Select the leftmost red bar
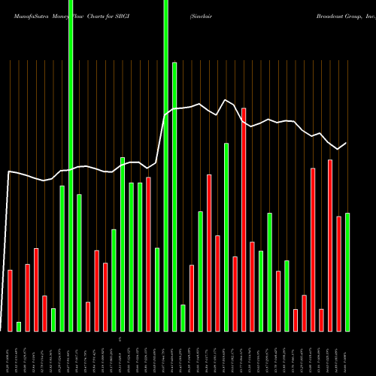(x=10, y=301)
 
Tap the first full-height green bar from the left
(x=71, y=165)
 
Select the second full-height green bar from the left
(x=165, y=165)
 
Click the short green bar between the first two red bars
(x=19, y=326)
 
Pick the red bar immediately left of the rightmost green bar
(x=338, y=274)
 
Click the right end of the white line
(x=347, y=143)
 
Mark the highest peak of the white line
(x=225, y=99)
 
